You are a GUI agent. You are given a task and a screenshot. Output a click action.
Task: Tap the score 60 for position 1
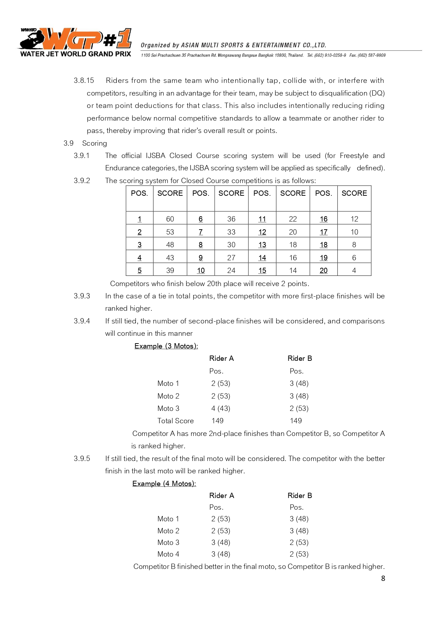click(170, 219)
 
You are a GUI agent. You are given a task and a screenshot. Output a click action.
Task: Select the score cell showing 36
click(231, 219)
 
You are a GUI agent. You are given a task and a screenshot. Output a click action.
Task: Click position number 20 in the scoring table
click(324, 271)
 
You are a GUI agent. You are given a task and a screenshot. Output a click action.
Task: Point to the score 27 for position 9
click(231, 258)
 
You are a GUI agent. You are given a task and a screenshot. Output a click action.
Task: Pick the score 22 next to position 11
click(293, 219)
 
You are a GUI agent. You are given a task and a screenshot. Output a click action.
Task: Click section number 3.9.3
click(82, 296)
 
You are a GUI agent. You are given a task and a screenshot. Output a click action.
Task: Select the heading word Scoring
click(95, 143)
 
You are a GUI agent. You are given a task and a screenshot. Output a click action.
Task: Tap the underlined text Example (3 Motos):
click(166, 346)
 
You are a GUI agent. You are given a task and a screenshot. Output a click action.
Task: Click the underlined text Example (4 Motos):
click(164, 484)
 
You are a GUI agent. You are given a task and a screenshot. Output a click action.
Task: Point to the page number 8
click(383, 578)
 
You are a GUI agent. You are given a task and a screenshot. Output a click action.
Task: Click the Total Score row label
click(175, 421)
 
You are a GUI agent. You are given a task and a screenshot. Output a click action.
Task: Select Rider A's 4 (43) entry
click(221, 408)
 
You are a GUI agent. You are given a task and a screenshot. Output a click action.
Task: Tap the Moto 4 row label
click(168, 554)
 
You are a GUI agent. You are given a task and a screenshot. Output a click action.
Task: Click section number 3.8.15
click(84, 80)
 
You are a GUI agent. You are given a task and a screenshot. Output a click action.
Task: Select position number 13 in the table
click(262, 245)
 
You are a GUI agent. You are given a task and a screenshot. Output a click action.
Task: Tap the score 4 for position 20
click(354, 271)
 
